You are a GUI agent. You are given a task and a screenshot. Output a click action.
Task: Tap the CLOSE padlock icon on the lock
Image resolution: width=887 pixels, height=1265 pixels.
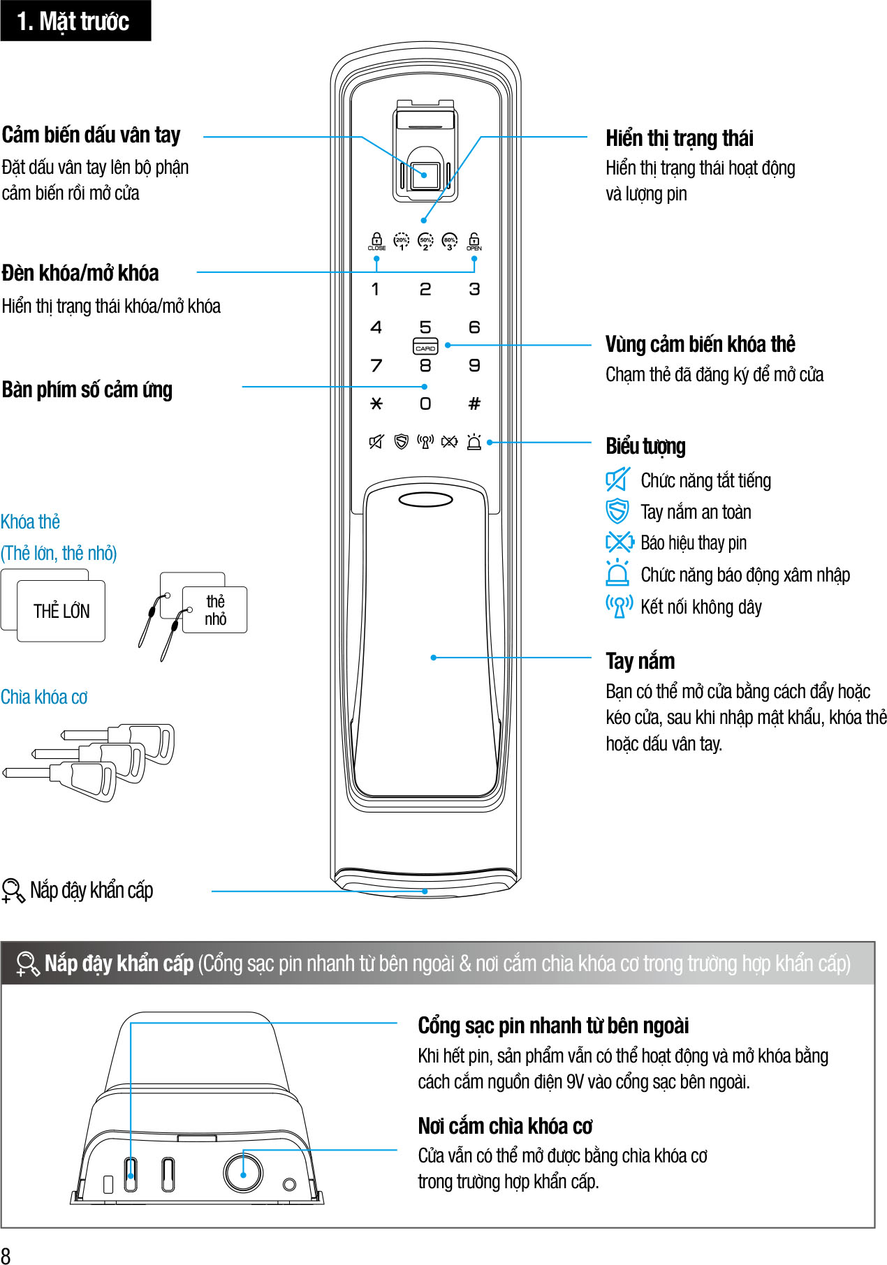pos(376,241)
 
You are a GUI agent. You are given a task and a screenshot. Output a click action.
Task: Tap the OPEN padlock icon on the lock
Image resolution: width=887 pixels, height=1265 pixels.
pos(474,241)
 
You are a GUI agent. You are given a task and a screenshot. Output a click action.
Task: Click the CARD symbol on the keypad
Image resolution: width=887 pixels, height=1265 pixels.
pos(425,347)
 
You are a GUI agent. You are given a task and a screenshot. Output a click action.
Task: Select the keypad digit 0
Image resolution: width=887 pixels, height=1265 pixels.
pos(425,404)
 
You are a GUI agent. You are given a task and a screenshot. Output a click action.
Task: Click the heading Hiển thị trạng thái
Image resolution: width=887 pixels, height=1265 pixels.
pos(679,138)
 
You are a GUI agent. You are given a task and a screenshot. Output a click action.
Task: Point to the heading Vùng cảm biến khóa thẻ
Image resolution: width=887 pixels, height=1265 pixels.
pos(700,344)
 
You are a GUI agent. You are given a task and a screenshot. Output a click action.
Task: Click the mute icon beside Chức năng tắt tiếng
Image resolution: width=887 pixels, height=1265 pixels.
pos(617,480)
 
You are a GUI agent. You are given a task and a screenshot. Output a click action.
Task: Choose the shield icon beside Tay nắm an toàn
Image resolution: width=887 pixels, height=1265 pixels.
pos(617,511)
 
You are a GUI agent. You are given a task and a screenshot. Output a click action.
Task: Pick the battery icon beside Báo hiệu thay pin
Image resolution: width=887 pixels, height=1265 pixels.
pos(619,542)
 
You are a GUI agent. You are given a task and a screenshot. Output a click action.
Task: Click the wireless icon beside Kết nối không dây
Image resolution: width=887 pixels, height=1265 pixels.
pos(619,606)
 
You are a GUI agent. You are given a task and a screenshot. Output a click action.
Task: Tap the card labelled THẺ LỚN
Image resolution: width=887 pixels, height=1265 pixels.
pos(61,612)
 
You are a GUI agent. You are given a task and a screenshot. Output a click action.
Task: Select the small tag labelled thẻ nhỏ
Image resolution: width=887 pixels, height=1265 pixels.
pos(215,610)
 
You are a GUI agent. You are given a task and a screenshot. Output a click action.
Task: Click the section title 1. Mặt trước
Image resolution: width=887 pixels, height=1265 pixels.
pos(74,21)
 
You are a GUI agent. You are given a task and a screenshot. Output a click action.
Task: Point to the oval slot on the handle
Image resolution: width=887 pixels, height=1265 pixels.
pos(425,500)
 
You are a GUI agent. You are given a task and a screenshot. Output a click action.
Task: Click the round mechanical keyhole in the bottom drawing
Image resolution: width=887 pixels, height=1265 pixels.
pos(243,1174)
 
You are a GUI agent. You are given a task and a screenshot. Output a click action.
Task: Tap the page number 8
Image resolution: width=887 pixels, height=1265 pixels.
pos(6,1255)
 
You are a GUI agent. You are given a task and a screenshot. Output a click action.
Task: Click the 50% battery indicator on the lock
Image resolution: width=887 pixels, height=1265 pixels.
pos(425,241)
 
